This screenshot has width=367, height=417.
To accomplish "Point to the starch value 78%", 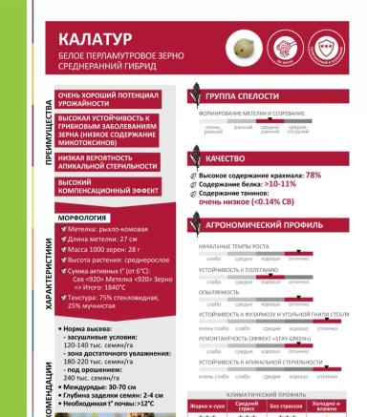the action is pyautogui.click(x=313, y=176).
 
